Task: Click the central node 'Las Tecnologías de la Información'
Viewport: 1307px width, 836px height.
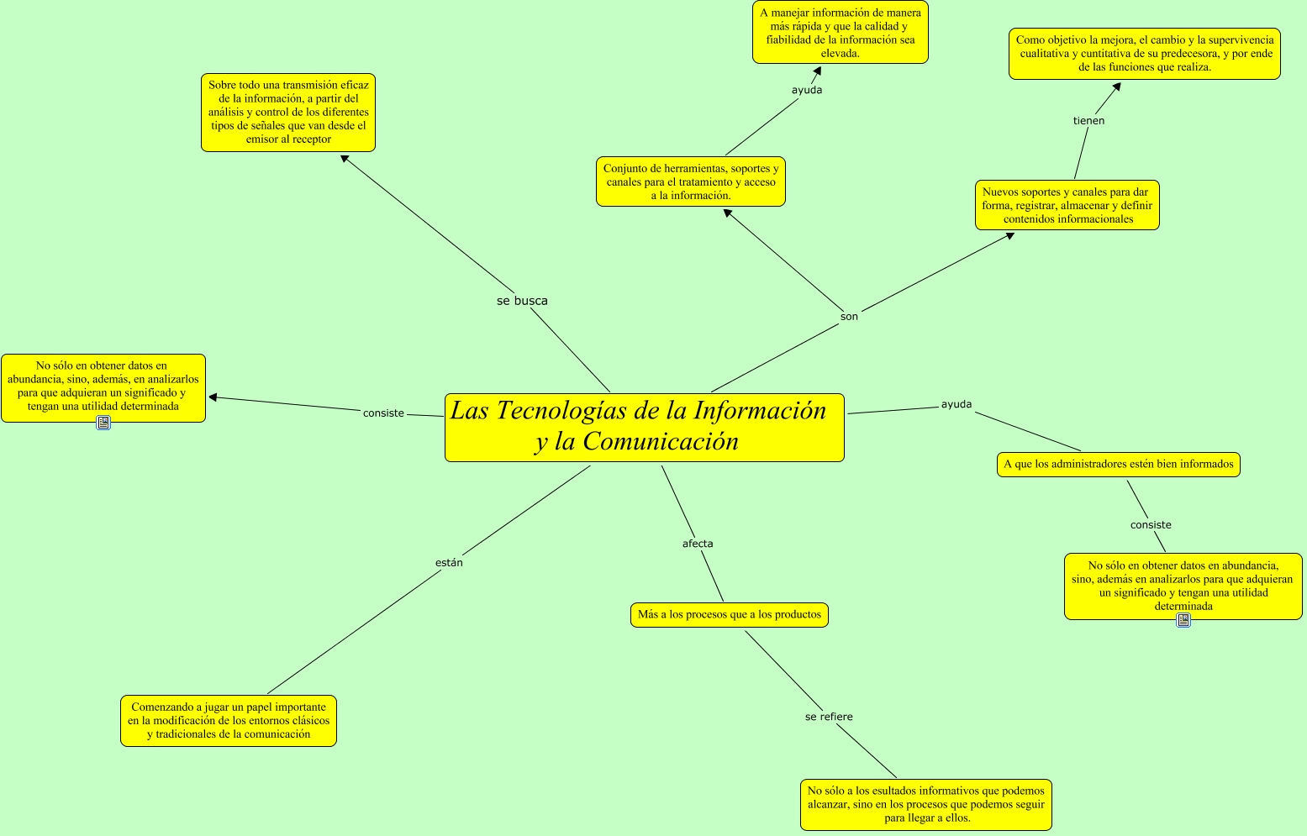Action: (x=644, y=427)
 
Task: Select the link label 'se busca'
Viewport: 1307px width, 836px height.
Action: (x=522, y=301)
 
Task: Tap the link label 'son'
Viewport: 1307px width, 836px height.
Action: (x=849, y=317)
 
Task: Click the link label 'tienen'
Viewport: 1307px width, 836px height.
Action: (x=1088, y=121)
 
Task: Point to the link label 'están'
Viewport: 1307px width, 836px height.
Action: (x=449, y=563)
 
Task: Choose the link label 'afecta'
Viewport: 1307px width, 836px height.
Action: (x=698, y=544)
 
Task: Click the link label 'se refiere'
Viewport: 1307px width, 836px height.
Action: (x=829, y=717)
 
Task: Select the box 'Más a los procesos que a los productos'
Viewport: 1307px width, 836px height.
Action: (x=729, y=615)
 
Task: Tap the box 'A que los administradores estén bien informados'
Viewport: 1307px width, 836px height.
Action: (x=1118, y=464)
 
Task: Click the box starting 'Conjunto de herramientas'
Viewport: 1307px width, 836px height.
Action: (x=690, y=181)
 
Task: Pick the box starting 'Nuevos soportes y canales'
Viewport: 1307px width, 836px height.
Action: (x=1067, y=205)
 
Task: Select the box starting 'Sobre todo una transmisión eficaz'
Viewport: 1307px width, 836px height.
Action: (x=288, y=113)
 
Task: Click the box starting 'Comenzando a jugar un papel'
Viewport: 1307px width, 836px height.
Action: (x=229, y=721)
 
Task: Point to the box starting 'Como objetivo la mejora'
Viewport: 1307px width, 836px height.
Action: (x=1144, y=54)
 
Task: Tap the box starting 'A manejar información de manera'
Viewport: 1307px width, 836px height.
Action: (x=840, y=33)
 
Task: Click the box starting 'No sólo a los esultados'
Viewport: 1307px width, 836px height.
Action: (x=925, y=804)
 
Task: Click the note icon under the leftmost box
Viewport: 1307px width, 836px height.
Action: (x=103, y=423)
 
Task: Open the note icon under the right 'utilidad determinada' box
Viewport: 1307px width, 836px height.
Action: (x=1183, y=620)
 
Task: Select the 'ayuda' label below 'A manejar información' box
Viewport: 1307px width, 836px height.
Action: (x=807, y=90)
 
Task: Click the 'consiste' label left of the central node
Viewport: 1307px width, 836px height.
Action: (x=383, y=413)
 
